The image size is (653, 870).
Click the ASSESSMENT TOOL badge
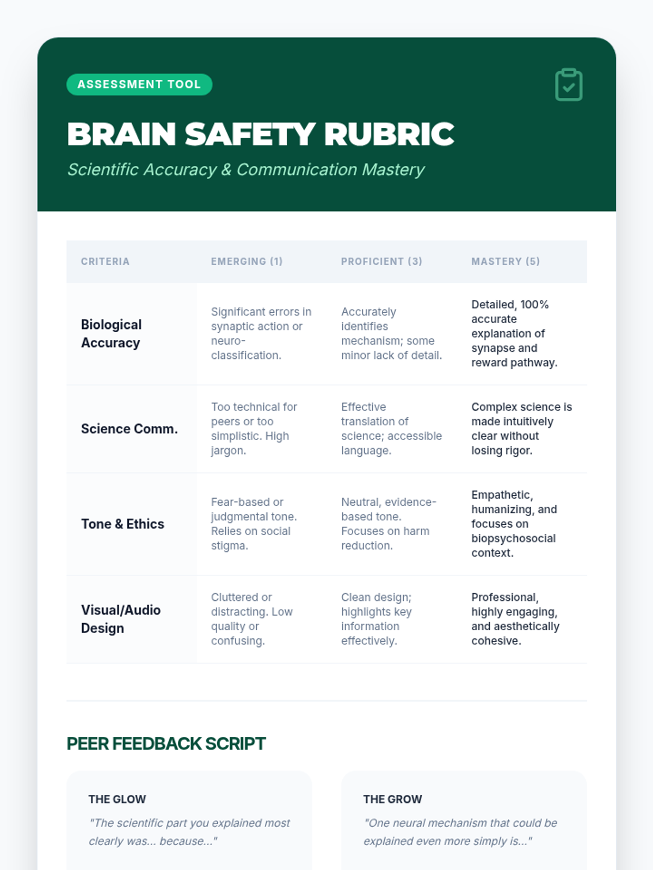point(139,84)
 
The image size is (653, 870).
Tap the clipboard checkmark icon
point(569,85)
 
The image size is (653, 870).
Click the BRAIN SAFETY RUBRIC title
point(260,134)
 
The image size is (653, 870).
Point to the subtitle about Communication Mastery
point(245,170)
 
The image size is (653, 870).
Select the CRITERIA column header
point(105,262)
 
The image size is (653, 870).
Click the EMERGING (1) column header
point(247,262)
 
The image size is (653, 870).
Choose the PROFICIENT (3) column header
point(381,262)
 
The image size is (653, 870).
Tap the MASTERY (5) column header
point(506,262)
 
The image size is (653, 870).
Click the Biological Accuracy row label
point(111,333)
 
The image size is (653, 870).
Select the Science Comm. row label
point(130,428)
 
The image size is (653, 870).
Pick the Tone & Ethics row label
point(122,524)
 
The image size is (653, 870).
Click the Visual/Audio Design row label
point(120,619)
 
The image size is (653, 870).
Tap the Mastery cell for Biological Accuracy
point(514,333)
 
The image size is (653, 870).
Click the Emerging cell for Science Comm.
point(254,428)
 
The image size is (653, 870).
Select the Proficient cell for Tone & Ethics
point(388,524)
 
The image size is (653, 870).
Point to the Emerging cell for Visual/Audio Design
point(251,619)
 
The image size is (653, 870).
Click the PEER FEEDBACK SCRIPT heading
point(166,743)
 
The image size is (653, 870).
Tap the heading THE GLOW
point(117,799)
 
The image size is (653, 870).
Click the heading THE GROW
point(392,799)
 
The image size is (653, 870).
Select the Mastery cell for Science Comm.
point(521,428)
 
